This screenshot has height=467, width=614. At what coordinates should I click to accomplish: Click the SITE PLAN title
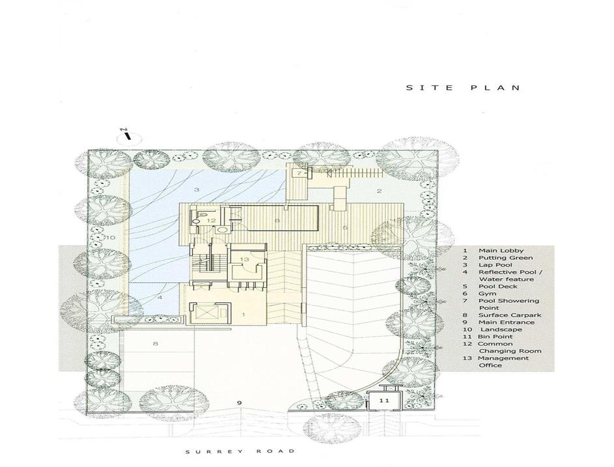(463, 88)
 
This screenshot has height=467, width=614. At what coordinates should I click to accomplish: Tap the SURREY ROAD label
(240, 452)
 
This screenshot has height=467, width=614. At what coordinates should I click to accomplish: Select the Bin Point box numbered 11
(384, 401)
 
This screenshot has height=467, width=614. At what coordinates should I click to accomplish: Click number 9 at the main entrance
(240, 403)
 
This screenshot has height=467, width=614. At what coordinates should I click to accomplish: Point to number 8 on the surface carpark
(156, 344)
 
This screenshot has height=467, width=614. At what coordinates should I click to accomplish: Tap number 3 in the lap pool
(197, 190)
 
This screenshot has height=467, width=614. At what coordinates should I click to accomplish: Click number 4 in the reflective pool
(160, 298)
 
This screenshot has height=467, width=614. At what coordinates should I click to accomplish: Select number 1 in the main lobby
(243, 315)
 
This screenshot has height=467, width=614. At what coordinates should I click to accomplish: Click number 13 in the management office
(244, 259)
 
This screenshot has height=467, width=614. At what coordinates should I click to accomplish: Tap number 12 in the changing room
(211, 221)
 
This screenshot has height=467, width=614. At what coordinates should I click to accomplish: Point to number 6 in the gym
(277, 221)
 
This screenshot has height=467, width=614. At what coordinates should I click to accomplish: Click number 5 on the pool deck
(345, 227)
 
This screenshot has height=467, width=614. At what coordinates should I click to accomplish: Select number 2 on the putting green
(379, 191)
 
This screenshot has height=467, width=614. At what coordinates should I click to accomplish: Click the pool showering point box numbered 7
(300, 173)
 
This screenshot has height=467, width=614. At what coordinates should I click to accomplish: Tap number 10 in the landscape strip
(110, 238)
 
